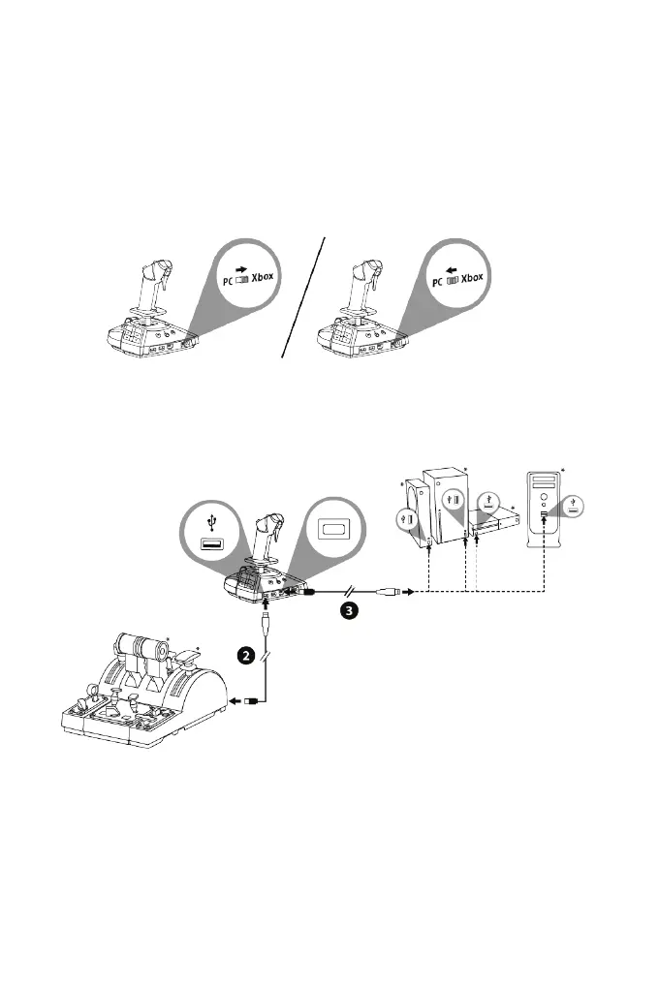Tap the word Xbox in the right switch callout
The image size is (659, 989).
(x=472, y=276)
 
